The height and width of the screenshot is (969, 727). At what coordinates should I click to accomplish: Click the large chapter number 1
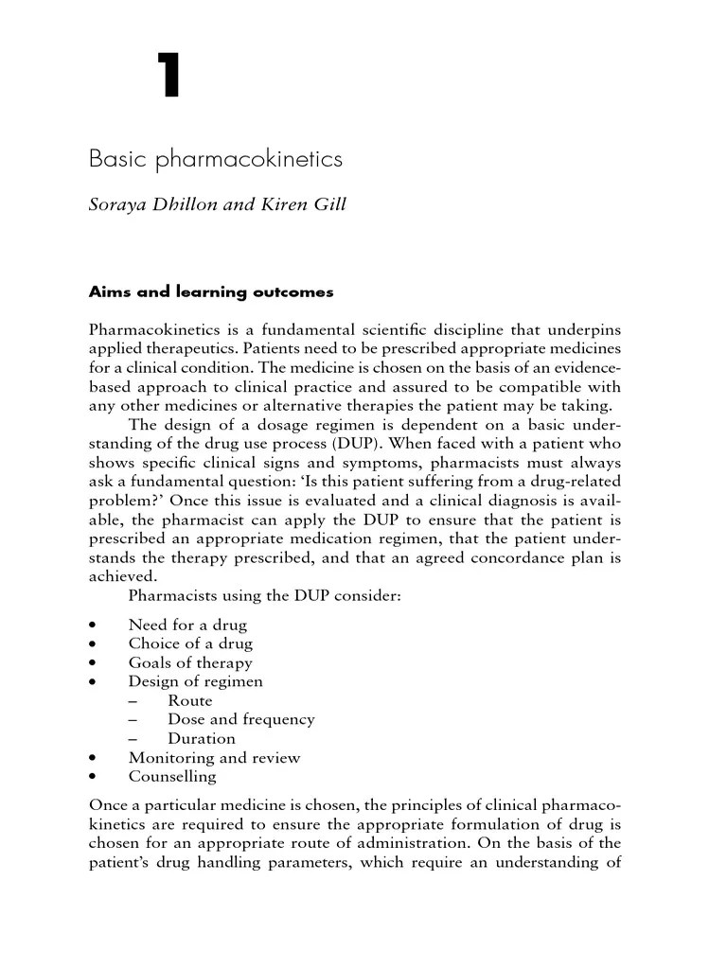[169, 76]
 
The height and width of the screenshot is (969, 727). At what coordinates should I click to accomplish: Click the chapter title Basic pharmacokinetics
[215, 159]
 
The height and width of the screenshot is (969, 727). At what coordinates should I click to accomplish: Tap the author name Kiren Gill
[311, 205]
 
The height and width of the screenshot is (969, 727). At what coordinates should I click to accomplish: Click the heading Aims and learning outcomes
[211, 291]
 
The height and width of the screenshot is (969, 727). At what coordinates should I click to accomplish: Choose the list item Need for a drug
[187, 625]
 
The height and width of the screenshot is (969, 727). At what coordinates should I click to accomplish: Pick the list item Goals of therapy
[190, 662]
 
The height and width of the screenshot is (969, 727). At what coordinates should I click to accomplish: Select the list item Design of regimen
[196, 681]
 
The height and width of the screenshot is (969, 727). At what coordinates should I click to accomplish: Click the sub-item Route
[190, 700]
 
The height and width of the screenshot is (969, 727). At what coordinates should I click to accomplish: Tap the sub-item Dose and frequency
[241, 719]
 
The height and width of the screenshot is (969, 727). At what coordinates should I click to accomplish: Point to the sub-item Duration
[202, 738]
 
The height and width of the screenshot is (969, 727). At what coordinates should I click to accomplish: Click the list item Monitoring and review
[214, 757]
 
